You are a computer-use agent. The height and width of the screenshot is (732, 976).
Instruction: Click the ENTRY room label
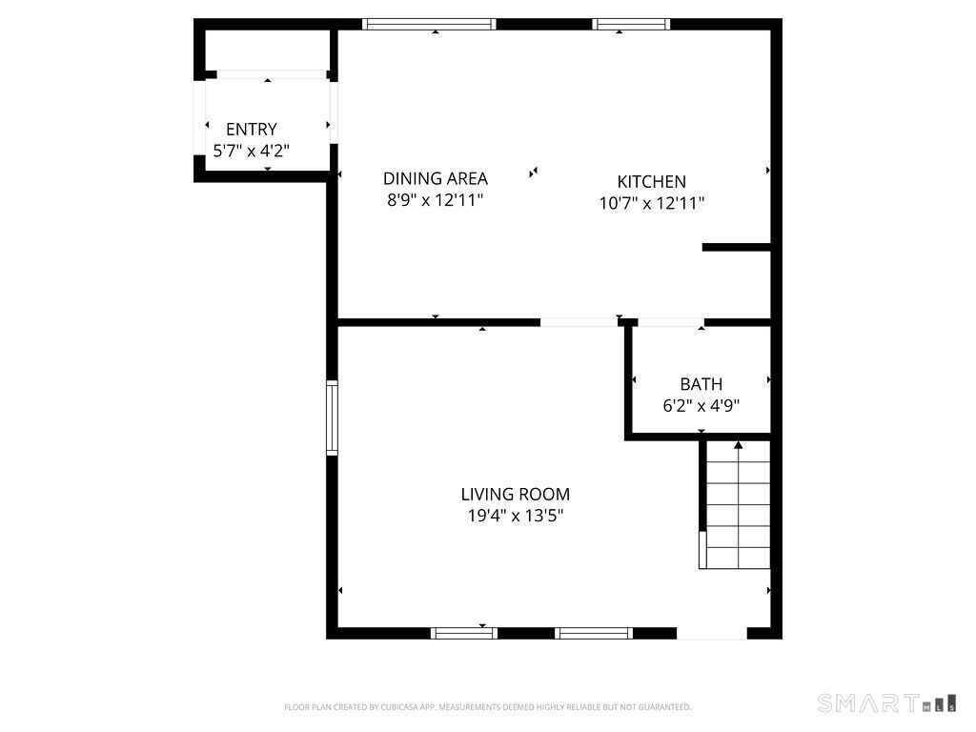click(x=252, y=130)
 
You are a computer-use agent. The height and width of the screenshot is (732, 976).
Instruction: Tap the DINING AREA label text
click(x=435, y=178)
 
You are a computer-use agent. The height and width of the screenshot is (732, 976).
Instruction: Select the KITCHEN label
click(x=651, y=182)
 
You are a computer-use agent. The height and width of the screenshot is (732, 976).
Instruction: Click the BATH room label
click(x=701, y=384)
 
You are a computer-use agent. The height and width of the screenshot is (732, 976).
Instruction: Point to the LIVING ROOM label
click(x=515, y=495)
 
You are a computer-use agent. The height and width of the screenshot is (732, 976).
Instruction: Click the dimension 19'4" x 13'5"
click(x=516, y=516)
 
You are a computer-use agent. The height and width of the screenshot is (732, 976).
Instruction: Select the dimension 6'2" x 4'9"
click(x=701, y=405)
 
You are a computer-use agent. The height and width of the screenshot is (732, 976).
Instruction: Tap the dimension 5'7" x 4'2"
click(x=252, y=151)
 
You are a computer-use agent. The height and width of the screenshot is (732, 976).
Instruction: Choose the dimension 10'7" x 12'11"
click(x=651, y=203)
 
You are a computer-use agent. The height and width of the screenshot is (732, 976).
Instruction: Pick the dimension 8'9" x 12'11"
click(x=435, y=200)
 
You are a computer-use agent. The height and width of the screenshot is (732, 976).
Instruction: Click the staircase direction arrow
click(x=738, y=446)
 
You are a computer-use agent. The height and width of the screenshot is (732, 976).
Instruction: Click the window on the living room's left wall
click(x=332, y=417)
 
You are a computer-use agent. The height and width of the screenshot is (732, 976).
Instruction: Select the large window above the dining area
click(x=429, y=25)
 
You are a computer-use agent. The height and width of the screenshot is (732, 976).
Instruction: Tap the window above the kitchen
click(x=631, y=25)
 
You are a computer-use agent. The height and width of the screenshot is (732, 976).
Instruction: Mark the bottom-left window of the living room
click(x=464, y=633)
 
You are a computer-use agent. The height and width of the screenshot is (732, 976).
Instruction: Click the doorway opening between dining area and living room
click(x=579, y=323)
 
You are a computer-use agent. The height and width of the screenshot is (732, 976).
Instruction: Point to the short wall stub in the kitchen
click(x=736, y=248)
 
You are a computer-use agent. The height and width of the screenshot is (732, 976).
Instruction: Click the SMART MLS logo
click(x=886, y=703)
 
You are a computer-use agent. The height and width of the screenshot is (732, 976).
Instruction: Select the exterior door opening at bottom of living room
click(x=712, y=633)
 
